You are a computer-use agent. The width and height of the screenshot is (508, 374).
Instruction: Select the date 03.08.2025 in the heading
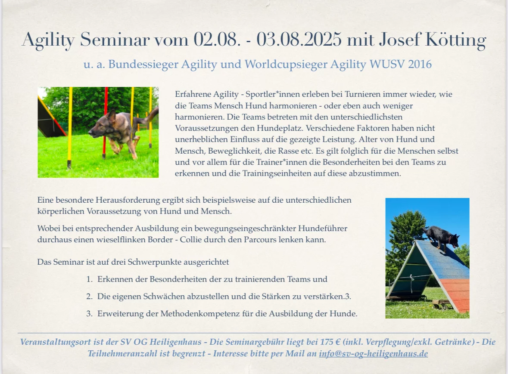tap(299, 40)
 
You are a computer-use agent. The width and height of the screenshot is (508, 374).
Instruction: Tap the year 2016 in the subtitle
tap(420, 64)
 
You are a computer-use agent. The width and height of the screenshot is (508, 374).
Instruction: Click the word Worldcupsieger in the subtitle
tap(285, 65)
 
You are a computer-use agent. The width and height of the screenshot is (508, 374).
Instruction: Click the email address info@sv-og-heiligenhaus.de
tap(373, 353)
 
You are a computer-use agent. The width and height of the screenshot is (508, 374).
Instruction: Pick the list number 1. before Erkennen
tap(90, 279)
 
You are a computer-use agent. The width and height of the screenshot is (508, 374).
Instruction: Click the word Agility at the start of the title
tap(48, 40)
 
